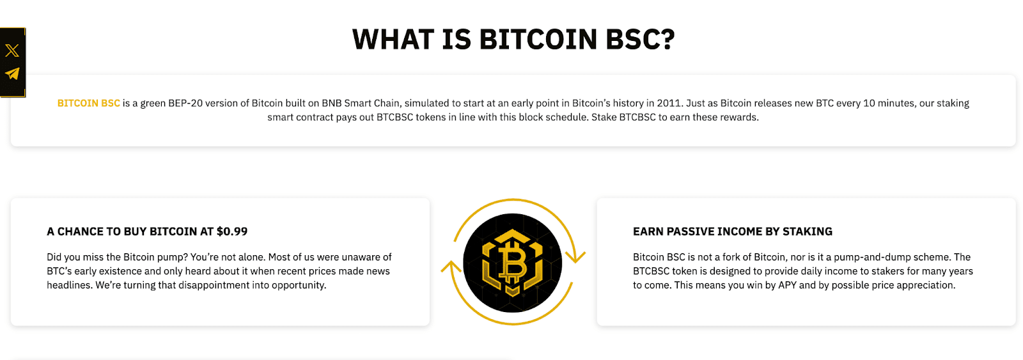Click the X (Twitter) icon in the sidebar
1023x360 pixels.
tap(12, 51)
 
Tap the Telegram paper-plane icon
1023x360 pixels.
tap(12, 74)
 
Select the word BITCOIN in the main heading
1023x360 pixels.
tap(538, 39)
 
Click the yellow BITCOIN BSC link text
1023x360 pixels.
tap(89, 103)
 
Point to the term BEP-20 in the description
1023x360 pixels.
tap(185, 103)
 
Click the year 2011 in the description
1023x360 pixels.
tap(669, 103)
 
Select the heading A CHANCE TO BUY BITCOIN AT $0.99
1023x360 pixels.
tap(147, 231)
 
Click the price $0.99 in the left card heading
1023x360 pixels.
tap(232, 231)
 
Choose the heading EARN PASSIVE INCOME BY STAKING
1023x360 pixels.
tap(733, 231)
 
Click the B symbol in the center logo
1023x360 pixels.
tap(513, 263)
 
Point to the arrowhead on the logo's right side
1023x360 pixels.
tap(575, 256)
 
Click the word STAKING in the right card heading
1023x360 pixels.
tap(808, 231)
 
